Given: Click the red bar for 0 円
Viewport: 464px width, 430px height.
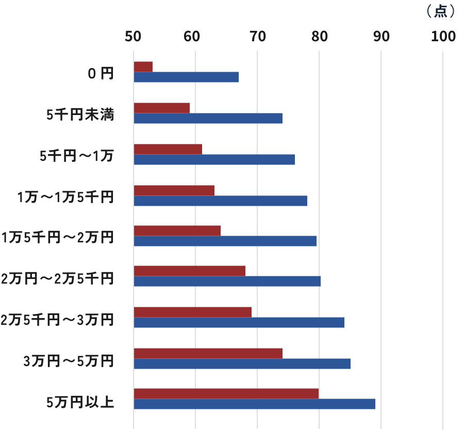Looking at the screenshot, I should coord(143,67).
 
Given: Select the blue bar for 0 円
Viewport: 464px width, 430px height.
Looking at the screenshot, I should coord(186,77).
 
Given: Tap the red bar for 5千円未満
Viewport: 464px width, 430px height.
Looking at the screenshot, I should coord(161,108).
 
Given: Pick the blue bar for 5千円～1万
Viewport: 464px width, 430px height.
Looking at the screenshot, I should coord(214,159).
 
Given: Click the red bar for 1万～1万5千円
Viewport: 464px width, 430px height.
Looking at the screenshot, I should coord(174,190).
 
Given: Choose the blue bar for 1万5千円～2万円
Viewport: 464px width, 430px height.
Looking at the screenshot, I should coord(225,241).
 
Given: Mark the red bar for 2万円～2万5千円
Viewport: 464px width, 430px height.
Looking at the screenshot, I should coord(189,271).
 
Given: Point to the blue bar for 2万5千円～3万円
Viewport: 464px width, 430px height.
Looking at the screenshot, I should coord(239,323).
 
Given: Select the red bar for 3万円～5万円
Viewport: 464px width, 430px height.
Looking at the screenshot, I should coord(208,353).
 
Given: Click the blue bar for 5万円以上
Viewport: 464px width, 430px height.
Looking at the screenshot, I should coord(254,404).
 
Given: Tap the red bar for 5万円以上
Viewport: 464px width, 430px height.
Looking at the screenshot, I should coord(226,393).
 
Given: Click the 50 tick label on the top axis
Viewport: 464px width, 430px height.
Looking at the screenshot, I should coord(134,37).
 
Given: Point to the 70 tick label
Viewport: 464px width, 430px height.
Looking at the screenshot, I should coord(257,37).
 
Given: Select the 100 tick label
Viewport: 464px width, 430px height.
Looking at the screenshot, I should coord(442,37).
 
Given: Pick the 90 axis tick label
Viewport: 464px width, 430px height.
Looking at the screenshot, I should coord(381,37).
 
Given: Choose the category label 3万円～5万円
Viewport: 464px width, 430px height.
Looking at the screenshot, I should coord(69,361).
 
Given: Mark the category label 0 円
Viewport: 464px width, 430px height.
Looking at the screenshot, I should coord(100,74).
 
